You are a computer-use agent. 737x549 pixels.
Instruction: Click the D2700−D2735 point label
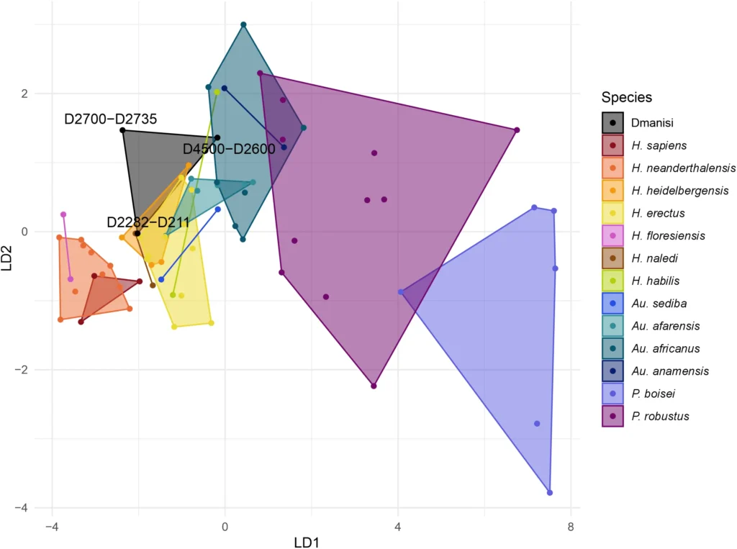coord(110,119)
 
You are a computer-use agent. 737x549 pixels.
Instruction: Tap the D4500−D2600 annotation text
coord(229,149)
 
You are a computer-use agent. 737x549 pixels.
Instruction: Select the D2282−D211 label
coord(148,222)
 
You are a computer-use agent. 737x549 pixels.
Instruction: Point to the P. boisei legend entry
coord(654,393)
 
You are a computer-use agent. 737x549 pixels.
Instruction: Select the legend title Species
coord(627,97)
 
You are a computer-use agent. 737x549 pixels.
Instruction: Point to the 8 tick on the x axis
coord(571,526)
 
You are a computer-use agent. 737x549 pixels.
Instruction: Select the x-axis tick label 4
coord(397,526)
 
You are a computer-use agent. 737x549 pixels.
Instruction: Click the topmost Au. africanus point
coord(243,24)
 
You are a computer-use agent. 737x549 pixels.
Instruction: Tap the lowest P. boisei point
coord(550,493)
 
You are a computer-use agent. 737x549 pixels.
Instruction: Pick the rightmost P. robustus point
coord(517,130)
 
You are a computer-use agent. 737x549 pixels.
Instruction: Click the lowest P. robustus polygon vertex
coord(374,386)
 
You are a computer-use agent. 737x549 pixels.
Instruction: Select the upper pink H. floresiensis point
coord(63,214)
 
